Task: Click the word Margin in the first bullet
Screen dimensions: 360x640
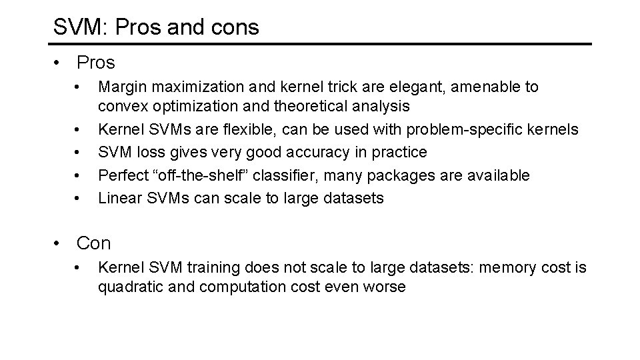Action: pyautogui.click(x=118, y=87)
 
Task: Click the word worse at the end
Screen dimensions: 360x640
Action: pyautogui.click(x=385, y=287)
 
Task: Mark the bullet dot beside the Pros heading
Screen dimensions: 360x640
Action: pyautogui.click(x=60, y=63)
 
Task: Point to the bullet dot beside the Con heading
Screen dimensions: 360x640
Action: pyautogui.click(x=60, y=244)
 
